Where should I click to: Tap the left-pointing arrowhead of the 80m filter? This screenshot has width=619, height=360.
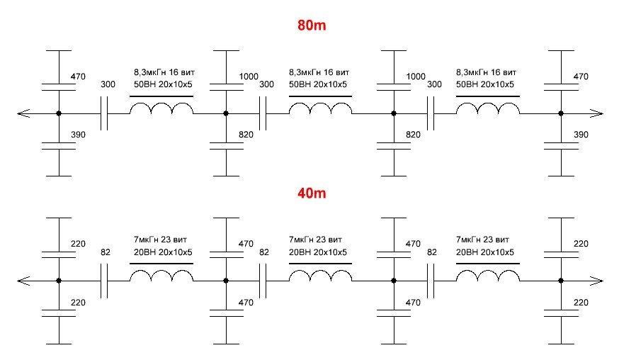point(23,113)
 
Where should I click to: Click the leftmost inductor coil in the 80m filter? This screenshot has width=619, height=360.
point(161,109)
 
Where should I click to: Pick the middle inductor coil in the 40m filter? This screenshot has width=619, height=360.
point(321,277)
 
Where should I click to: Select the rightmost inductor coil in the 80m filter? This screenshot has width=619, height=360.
point(488,109)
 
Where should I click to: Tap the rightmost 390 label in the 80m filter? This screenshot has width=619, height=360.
point(580,135)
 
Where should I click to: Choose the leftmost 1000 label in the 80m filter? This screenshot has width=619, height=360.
point(249,77)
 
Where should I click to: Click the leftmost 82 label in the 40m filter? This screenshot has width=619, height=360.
point(106,252)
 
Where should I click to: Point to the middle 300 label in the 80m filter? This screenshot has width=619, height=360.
point(267,84)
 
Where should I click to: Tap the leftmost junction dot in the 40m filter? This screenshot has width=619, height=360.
point(59,281)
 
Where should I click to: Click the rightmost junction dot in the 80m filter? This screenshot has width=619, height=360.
point(560,113)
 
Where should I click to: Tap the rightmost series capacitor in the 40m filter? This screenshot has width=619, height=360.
point(432,281)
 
